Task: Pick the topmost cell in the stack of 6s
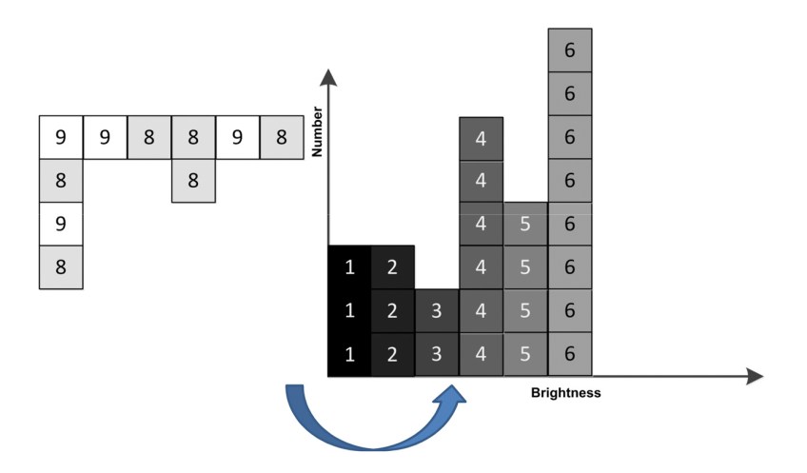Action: point(569,50)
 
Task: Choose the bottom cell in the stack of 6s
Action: point(569,354)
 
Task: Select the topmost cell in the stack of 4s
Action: point(481,138)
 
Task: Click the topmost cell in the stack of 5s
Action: point(525,225)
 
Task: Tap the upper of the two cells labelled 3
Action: point(437,311)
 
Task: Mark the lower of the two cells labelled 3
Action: point(437,354)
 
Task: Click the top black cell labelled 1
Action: point(349,267)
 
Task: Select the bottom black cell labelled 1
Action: point(349,354)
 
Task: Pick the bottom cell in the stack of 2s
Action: point(393,354)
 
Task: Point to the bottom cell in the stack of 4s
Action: point(481,354)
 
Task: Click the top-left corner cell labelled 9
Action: point(61,137)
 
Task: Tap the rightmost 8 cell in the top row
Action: point(282,137)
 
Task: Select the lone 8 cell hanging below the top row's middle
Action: point(193,181)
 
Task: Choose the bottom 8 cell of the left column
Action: point(61,267)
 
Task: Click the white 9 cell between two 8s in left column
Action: point(61,225)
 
